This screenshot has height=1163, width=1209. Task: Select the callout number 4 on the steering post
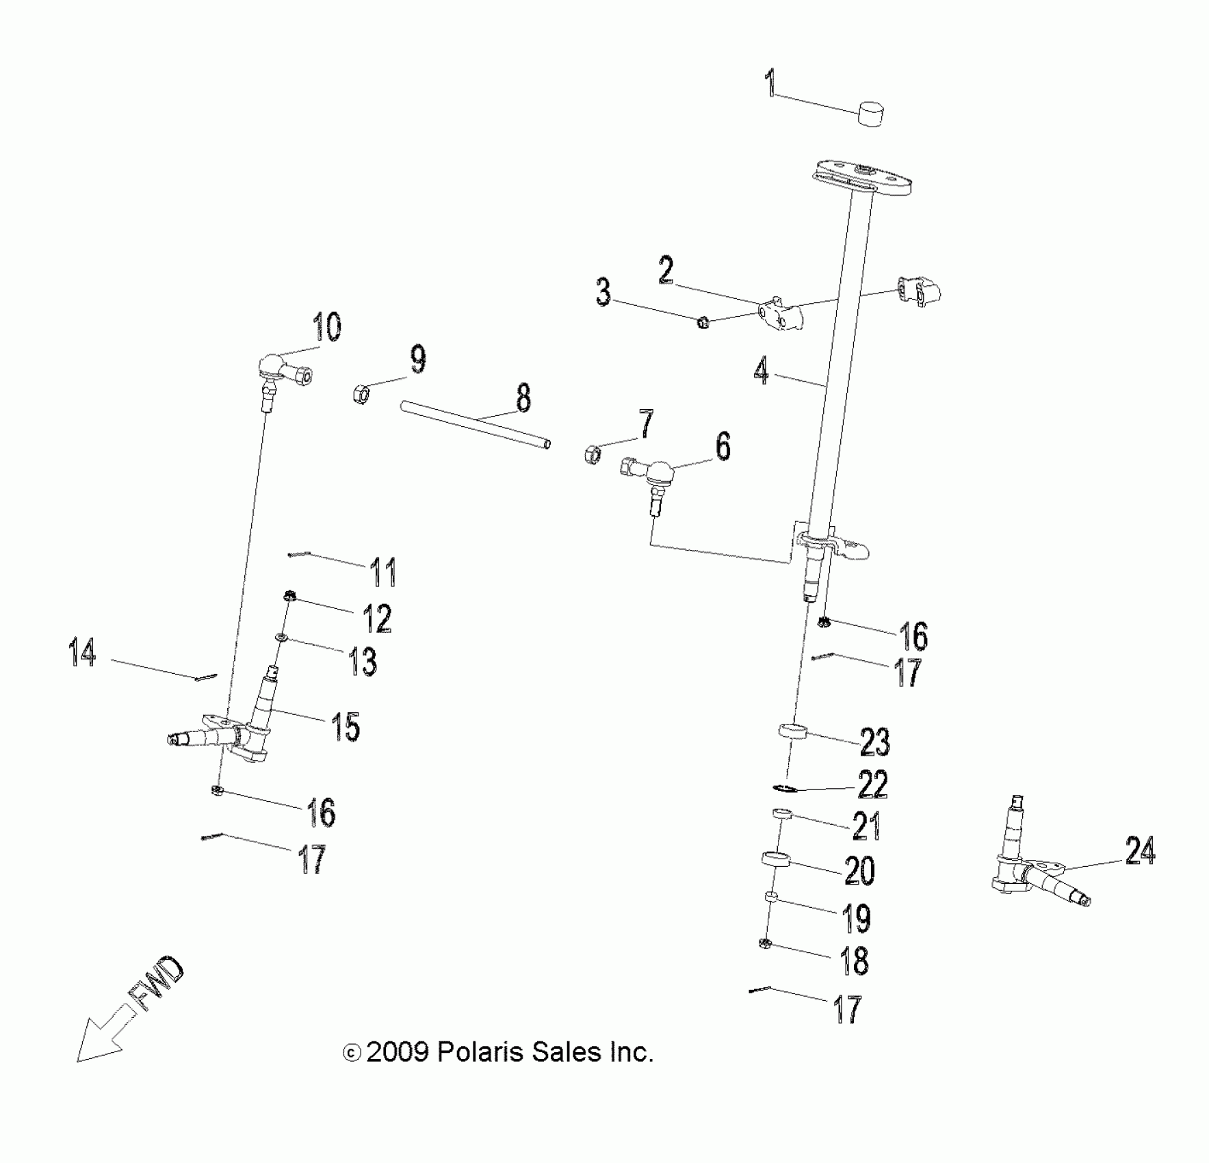(x=762, y=371)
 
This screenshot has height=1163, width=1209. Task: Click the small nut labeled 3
(x=702, y=322)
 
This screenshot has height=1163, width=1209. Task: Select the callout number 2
(x=665, y=270)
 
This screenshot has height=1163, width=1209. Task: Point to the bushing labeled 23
(x=793, y=731)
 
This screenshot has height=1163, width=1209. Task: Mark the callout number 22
(x=872, y=784)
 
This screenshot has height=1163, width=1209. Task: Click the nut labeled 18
(x=766, y=945)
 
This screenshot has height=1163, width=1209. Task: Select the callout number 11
(x=382, y=572)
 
